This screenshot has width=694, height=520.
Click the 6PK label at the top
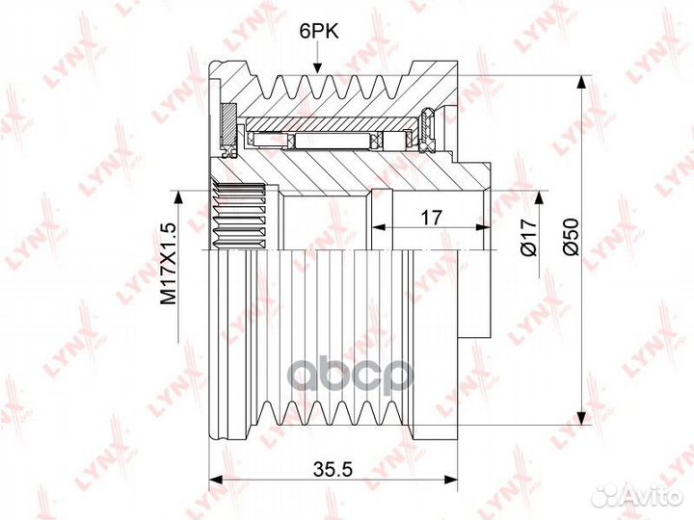[x=319, y=32]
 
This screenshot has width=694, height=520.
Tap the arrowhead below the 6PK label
[x=317, y=67]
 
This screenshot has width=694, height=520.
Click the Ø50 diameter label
[x=571, y=237]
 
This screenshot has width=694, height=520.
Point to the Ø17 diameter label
[x=529, y=238]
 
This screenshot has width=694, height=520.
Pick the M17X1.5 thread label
[x=168, y=264]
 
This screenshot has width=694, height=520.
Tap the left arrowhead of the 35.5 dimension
[x=215, y=480]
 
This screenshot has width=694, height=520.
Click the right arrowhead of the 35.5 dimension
[x=450, y=480]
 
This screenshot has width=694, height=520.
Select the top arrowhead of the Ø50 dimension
[x=581, y=83]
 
